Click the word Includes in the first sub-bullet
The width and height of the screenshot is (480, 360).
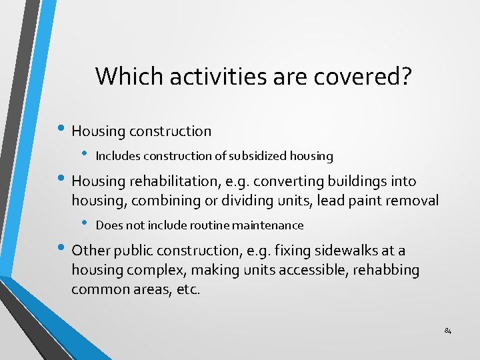pos(116,156)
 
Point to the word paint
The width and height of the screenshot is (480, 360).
pos(362,200)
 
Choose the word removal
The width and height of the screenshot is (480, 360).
pos(414,200)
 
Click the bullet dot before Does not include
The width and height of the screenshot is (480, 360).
pos(85,223)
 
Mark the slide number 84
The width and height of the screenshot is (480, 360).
pos(447,331)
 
